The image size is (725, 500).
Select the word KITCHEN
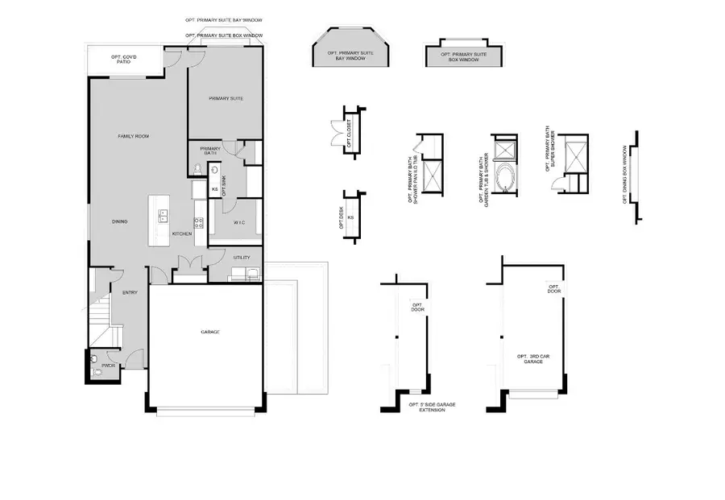pyautogui.click(x=182, y=233)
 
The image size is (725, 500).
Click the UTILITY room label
pyautogui.click(x=242, y=258)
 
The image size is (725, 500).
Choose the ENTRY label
pyautogui.click(x=130, y=293)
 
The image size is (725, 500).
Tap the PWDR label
pyautogui.click(x=98, y=373)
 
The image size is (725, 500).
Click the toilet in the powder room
pyautogui.click(x=94, y=360)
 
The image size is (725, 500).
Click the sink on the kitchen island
pyautogui.click(x=162, y=215)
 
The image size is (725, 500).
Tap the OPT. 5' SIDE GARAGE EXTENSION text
pyautogui.click(x=427, y=407)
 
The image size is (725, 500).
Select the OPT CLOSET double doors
pyautogui.click(x=336, y=133)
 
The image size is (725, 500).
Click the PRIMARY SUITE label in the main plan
pyautogui.click(x=226, y=99)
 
